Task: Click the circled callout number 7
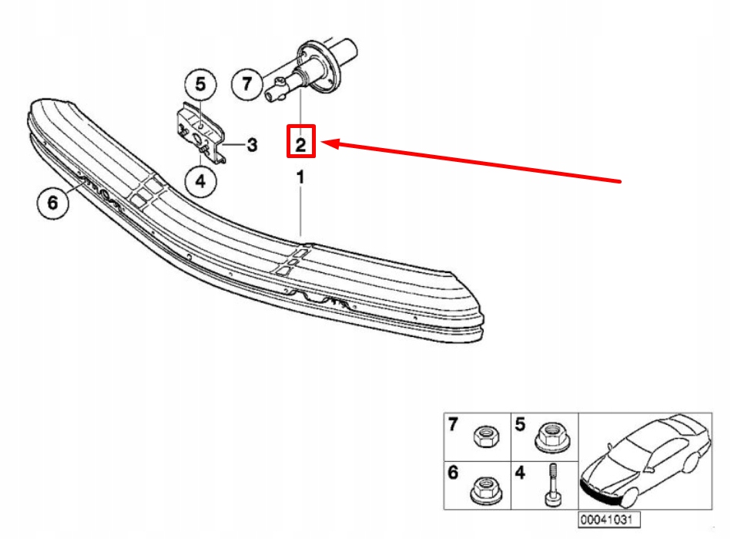coord(247,84)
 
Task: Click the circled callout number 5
coord(200,84)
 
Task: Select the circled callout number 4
coord(200,182)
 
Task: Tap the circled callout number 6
coord(52,204)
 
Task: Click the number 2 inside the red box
coord(301,143)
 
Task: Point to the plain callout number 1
coord(301,178)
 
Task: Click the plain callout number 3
coord(252,144)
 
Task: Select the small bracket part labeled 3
coord(200,130)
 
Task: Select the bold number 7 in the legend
coord(454,424)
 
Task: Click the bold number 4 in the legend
coord(520,473)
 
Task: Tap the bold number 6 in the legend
coord(454,473)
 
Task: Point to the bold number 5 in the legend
coord(520,424)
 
